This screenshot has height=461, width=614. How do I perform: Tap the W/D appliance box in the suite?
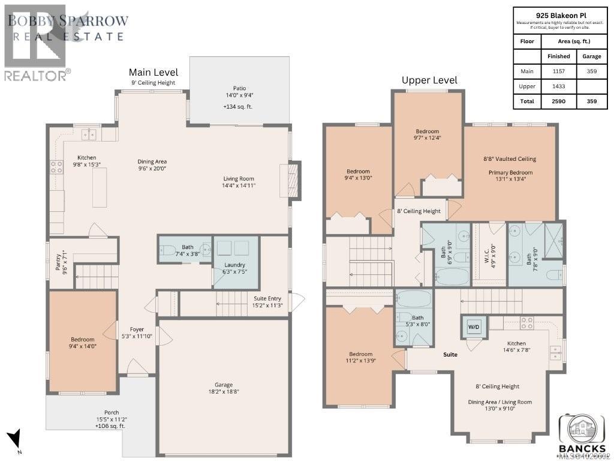click(x=474, y=327)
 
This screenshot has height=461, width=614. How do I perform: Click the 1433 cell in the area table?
click(x=558, y=86)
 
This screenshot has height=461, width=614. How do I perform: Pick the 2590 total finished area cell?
click(x=558, y=101)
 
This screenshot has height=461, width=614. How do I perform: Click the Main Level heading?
click(x=153, y=73)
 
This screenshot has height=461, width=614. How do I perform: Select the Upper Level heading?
click(x=429, y=80)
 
